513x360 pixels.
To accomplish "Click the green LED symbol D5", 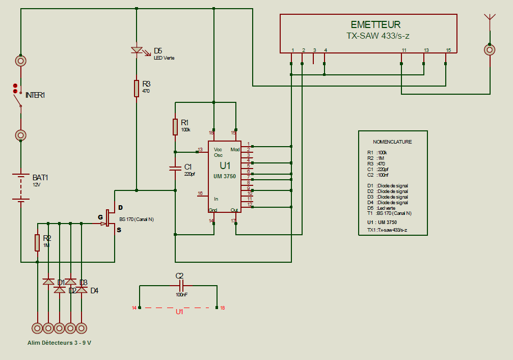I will (137, 50).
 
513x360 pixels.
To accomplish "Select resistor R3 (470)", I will (137, 88).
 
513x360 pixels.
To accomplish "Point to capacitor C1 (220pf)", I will (175, 168).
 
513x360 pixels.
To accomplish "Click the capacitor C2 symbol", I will (179, 286).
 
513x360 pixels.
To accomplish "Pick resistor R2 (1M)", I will (37, 242).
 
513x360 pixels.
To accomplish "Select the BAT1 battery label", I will (40, 178).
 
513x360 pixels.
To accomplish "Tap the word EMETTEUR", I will (375, 24).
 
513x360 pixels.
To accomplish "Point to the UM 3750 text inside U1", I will (225, 176).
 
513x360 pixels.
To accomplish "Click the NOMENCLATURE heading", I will (392, 142).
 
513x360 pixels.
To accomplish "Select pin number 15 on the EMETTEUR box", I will (448, 50).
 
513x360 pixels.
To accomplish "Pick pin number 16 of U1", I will (200, 193).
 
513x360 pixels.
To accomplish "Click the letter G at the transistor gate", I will (100, 217).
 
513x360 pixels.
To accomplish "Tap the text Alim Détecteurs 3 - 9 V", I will (60, 343).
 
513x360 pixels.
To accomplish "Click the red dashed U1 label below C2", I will (179, 312).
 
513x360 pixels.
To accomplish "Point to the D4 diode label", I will (94, 291).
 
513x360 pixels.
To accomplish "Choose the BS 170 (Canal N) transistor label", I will (137, 219).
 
